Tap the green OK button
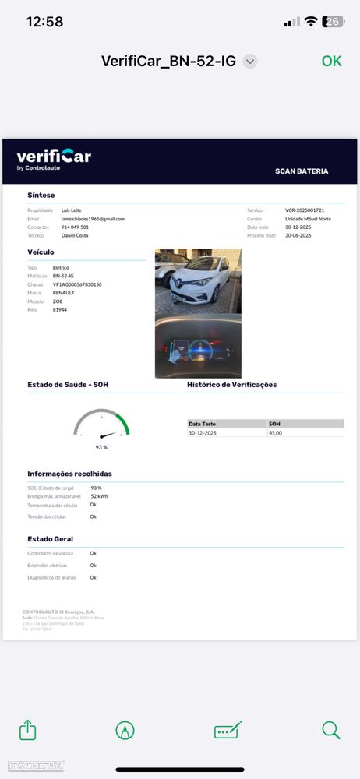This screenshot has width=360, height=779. pos(331,61)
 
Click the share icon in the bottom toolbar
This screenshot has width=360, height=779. pos(28,730)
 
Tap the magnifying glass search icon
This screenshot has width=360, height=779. pos(331,730)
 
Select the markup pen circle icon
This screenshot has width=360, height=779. pos(125,730)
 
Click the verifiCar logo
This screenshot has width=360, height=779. pos(54,158)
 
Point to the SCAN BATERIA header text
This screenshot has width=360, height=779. pos(302,171)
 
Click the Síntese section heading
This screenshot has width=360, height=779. pos(41,195)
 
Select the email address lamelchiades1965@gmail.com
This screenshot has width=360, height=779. pos(93,219)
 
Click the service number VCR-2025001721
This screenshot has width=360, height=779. pos(305,210)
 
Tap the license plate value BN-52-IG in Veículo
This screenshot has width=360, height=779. pos(63,276)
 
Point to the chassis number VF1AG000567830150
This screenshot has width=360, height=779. pos(77,284)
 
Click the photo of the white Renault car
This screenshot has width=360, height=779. pos(198,280)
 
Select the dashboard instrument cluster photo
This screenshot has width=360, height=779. pos(198,346)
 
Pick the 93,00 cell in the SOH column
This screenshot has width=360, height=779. pos(275,432)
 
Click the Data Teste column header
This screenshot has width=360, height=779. pos(202,424)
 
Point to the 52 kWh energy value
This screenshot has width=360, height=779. pos(99,495)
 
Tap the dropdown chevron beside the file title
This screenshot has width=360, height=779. pos(250,62)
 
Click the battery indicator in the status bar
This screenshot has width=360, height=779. pos(333,22)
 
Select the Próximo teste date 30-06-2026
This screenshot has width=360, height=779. pos(298,235)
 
